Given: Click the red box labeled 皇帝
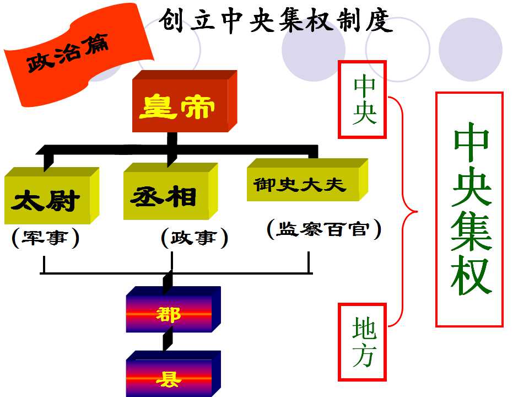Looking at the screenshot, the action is point(185,101).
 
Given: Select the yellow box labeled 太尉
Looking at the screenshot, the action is point(52,195).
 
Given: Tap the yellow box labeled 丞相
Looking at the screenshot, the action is point(170,191).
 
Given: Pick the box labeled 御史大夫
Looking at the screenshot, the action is point(307,180).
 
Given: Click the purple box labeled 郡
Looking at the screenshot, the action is point(174,309).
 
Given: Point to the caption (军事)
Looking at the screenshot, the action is point(45,238).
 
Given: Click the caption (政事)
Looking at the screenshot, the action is point(195,238).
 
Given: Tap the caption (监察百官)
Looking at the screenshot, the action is point(324,229).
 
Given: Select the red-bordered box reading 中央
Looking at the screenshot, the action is point(362,100).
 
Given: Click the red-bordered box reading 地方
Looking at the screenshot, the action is point(362,342).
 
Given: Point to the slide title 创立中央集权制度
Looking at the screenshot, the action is point(276,21).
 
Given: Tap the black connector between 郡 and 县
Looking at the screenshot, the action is point(168,342).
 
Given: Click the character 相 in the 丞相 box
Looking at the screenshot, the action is point(182,196).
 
